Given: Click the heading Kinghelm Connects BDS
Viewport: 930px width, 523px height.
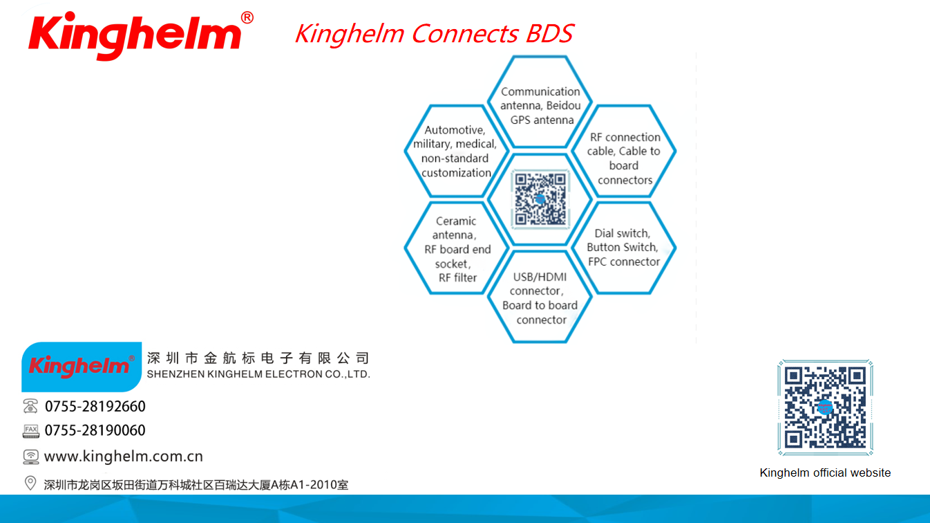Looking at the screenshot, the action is click(435, 33).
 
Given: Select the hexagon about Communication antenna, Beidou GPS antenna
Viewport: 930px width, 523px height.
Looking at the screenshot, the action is click(540, 102).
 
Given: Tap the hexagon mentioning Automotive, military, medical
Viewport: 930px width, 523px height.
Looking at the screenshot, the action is click(457, 151).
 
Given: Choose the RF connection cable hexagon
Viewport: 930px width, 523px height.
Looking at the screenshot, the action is click(624, 151).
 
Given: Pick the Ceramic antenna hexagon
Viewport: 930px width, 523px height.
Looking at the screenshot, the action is click(457, 248).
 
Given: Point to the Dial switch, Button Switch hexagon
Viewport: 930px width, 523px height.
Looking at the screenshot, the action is click(624, 248).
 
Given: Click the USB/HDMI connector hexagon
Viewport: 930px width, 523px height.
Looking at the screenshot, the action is click(540, 297).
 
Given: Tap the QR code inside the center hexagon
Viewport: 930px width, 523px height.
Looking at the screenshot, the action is click(540, 199).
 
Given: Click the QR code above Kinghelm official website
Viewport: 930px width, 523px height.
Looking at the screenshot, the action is click(826, 407).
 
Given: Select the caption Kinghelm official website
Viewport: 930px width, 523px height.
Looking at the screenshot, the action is click(825, 472).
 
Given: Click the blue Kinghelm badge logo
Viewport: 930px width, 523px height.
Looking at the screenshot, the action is click(82, 367).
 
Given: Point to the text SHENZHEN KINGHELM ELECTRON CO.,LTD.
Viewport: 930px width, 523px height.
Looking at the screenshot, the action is click(258, 374).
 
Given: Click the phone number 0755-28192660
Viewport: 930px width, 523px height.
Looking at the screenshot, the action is click(95, 406).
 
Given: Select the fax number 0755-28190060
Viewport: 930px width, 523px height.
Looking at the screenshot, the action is click(95, 430).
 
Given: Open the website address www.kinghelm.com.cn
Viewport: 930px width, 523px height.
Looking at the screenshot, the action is click(123, 456).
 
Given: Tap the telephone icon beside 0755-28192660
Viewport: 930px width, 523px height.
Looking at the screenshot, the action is click(30, 406).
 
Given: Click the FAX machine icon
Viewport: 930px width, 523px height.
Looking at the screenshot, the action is click(30, 431).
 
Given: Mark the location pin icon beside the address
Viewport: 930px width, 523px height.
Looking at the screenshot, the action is click(30, 483).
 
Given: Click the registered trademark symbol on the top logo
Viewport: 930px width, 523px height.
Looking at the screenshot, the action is click(247, 17).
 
